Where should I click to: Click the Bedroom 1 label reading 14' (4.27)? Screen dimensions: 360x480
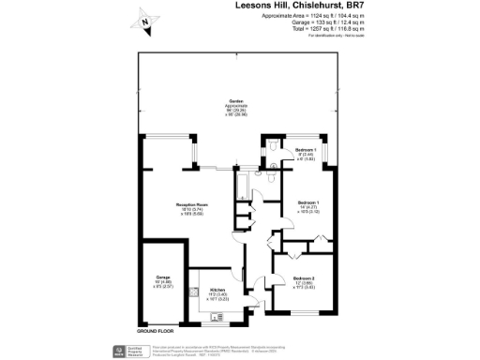[x=308, y=202]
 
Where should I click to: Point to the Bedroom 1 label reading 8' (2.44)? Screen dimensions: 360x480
[x=307, y=150]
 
